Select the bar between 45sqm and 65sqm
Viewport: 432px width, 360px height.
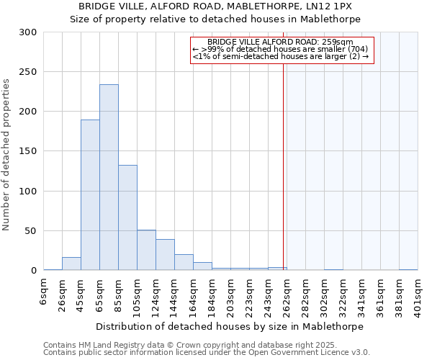[x=90, y=195]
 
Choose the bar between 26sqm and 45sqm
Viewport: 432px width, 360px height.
[x=71, y=264]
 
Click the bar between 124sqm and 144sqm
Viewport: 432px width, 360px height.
[x=165, y=255]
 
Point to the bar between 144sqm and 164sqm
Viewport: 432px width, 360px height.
[x=184, y=263]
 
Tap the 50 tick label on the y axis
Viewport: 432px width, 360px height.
[x=31, y=231]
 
